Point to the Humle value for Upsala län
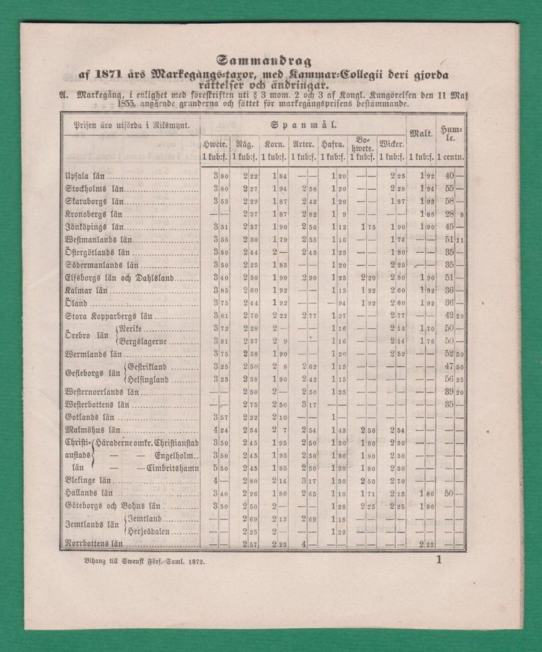[x=451, y=175]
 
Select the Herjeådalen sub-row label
[x=151, y=531]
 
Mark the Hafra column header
[x=334, y=144]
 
